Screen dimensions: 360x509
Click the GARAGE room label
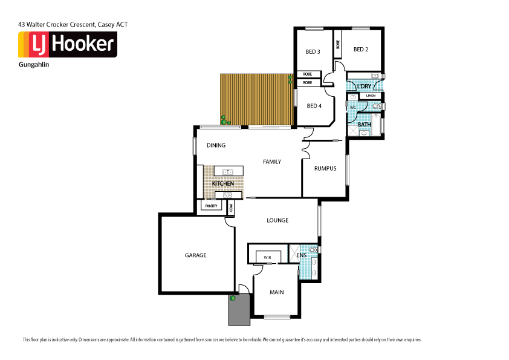point(195,255)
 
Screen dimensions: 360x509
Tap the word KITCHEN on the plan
point(222,183)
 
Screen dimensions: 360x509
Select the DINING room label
point(216,145)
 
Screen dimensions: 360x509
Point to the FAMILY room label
point(271,162)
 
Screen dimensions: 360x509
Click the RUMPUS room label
point(325,168)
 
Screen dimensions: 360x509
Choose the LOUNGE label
point(277,220)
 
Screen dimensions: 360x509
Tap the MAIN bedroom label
point(277,292)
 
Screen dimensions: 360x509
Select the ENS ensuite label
point(301,256)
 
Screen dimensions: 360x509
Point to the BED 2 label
point(361,50)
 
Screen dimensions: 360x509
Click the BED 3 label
point(313,51)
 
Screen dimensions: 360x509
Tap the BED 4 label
point(314,106)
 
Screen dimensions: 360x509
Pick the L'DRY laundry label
point(364,87)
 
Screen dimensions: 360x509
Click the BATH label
point(364,125)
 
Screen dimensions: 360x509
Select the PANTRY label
point(211,206)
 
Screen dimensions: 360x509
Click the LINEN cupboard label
point(371,96)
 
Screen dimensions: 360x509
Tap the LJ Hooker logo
point(67,44)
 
